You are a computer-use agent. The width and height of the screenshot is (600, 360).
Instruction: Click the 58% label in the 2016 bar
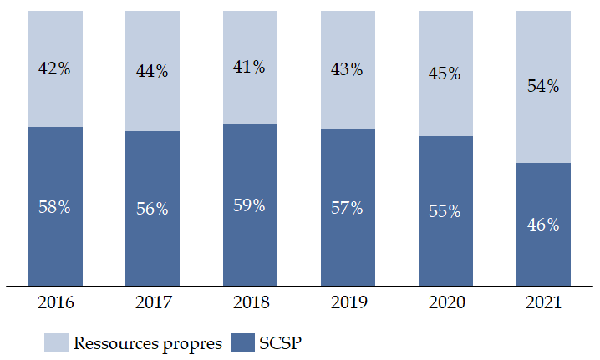click(54, 207)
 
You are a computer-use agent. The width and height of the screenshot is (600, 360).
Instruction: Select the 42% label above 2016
click(54, 69)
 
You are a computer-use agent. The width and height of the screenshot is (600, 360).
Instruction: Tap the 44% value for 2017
click(152, 72)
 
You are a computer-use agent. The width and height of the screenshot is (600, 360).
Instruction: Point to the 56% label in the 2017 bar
click(152, 209)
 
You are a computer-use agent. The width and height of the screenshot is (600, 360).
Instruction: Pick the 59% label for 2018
click(249, 205)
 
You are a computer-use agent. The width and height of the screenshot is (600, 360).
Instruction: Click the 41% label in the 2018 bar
click(249, 68)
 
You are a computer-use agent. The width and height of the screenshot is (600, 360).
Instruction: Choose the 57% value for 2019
click(347, 208)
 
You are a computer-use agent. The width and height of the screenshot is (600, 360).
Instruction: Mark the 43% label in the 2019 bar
click(347, 70)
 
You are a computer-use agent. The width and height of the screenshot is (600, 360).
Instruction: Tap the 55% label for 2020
click(445, 211)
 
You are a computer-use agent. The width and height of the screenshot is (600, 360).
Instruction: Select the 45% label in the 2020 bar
click(445, 74)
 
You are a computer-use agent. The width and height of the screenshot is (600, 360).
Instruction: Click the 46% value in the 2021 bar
click(542, 225)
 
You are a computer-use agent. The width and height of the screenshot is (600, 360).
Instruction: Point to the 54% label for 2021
click(542, 86)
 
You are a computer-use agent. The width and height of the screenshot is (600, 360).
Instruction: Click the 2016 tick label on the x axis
click(54, 303)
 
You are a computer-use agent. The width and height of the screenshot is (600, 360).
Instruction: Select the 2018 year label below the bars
click(249, 303)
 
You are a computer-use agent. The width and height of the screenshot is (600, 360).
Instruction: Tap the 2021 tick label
click(542, 303)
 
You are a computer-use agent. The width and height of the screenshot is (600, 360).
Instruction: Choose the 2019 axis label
click(347, 303)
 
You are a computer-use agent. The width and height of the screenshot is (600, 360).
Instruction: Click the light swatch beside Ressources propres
click(55, 342)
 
